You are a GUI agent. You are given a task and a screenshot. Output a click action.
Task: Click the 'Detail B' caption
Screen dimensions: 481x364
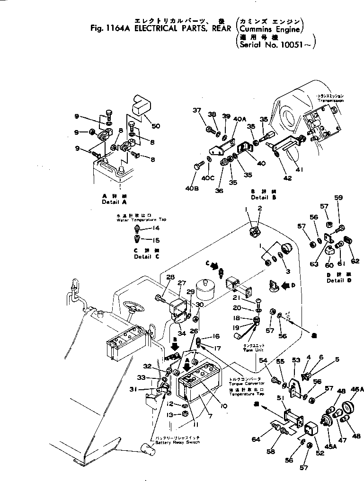click(260, 197)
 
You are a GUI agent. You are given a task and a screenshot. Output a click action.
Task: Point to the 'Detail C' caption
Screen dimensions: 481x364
click(142, 257)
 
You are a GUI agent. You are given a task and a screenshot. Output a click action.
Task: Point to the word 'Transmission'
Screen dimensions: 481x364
click(330, 101)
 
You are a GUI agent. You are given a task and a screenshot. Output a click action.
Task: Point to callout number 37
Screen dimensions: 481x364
click(196, 111)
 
